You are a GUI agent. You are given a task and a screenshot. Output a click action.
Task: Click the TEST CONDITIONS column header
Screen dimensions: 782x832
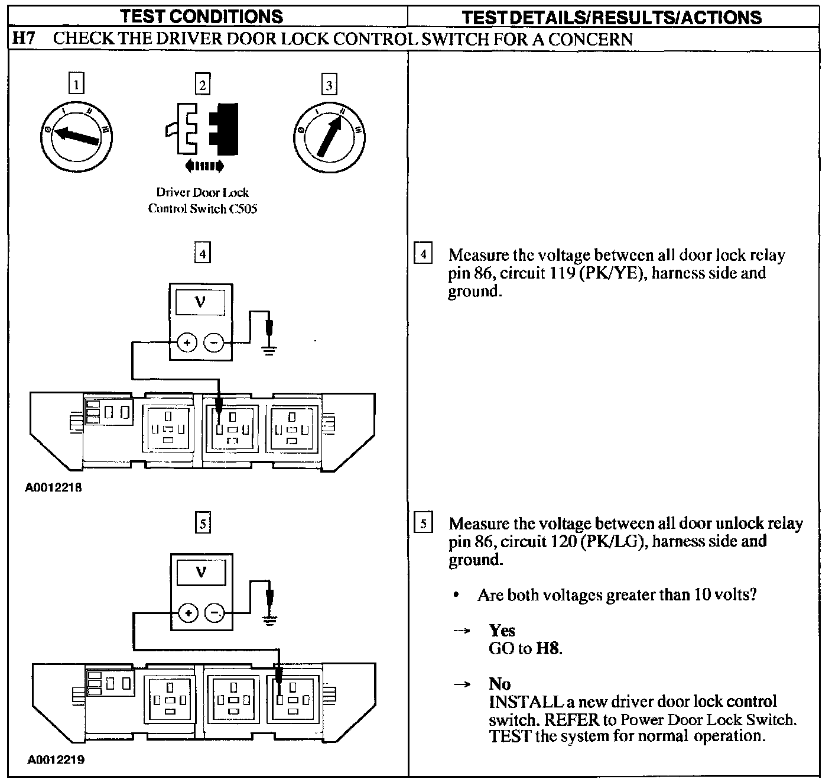(201, 17)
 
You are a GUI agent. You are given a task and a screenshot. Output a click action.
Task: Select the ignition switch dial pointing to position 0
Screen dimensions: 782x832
(76, 134)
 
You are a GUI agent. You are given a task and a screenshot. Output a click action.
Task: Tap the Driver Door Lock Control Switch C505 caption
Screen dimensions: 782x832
(202, 201)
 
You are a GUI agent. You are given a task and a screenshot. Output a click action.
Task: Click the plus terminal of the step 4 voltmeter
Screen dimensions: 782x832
(187, 342)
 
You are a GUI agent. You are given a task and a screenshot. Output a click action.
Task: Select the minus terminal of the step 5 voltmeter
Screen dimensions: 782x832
(214, 613)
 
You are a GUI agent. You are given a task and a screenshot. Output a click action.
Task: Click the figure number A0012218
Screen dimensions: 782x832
(54, 488)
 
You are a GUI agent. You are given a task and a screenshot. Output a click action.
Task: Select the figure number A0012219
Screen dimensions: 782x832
(56, 759)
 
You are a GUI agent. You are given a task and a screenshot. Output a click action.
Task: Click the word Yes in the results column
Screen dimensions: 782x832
(502, 630)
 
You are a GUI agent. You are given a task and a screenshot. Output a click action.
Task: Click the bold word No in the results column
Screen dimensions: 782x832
(499, 684)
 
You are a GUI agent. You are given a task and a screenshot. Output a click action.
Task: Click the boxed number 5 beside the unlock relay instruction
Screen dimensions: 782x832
(423, 524)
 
